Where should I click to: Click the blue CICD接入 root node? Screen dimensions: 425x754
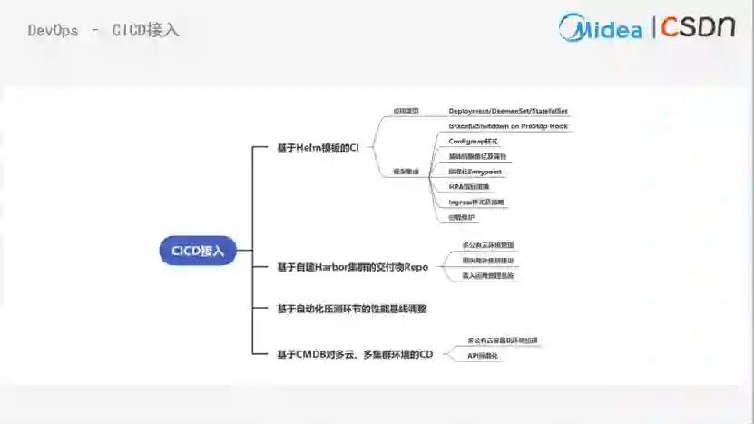[x=198, y=250]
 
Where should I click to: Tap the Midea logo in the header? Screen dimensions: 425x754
[x=601, y=27]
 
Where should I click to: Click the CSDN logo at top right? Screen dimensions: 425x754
[x=697, y=26]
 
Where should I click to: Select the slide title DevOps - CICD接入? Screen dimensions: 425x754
[x=103, y=30]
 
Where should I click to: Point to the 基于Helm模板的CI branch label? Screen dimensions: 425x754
[x=318, y=147]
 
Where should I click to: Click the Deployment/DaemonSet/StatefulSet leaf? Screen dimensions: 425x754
[x=508, y=111]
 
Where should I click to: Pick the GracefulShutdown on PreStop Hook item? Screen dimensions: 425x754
[x=508, y=126]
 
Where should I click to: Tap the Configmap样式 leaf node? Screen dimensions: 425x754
[x=474, y=142]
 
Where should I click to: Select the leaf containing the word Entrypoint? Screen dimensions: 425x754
[x=475, y=172]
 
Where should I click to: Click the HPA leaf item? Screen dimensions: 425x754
[x=468, y=187]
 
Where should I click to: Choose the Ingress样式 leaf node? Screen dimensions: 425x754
[x=476, y=202]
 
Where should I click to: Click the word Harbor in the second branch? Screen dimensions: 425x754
[x=332, y=267]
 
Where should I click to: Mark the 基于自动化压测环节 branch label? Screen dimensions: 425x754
[x=352, y=309]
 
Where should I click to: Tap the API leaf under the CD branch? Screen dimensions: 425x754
[x=483, y=356]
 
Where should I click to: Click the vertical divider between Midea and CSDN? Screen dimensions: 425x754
[x=653, y=27]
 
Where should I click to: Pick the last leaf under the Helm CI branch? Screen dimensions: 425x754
[x=462, y=217]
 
